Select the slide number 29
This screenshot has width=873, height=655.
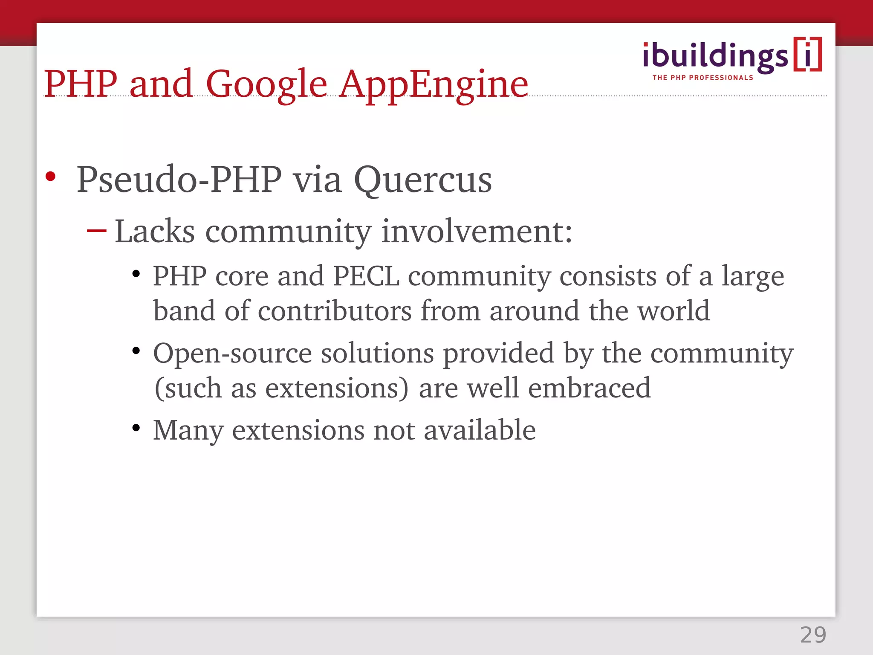[x=813, y=635]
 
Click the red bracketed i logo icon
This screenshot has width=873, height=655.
[x=807, y=55]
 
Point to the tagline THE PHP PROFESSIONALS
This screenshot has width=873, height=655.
[x=702, y=78]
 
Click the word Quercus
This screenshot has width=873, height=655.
[x=422, y=180]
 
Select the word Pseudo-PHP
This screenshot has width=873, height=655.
[x=179, y=180]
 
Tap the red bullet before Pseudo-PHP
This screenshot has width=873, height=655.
[x=51, y=176]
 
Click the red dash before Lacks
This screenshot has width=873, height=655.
[x=96, y=231]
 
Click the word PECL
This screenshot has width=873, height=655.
[x=366, y=276]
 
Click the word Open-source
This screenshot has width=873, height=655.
[x=233, y=354]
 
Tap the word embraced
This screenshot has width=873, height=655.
[x=589, y=388]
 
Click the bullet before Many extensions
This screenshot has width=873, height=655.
[x=136, y=428]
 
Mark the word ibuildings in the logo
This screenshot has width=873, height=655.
[x=715, y=56]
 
